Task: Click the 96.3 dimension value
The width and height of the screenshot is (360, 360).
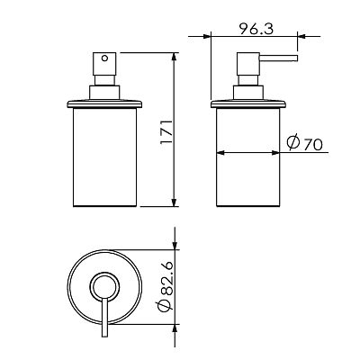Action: point(256,29)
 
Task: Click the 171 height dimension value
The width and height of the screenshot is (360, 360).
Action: point(166,131)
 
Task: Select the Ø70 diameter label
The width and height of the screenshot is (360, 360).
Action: point(304,143)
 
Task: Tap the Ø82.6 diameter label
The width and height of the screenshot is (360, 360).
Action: point(165,286)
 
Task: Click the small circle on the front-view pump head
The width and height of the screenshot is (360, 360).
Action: point(104,58)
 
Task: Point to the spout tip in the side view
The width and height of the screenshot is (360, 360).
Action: point(296,58)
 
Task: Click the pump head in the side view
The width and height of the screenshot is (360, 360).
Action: point(248,64)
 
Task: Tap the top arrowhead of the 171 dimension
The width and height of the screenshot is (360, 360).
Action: point(174,56)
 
